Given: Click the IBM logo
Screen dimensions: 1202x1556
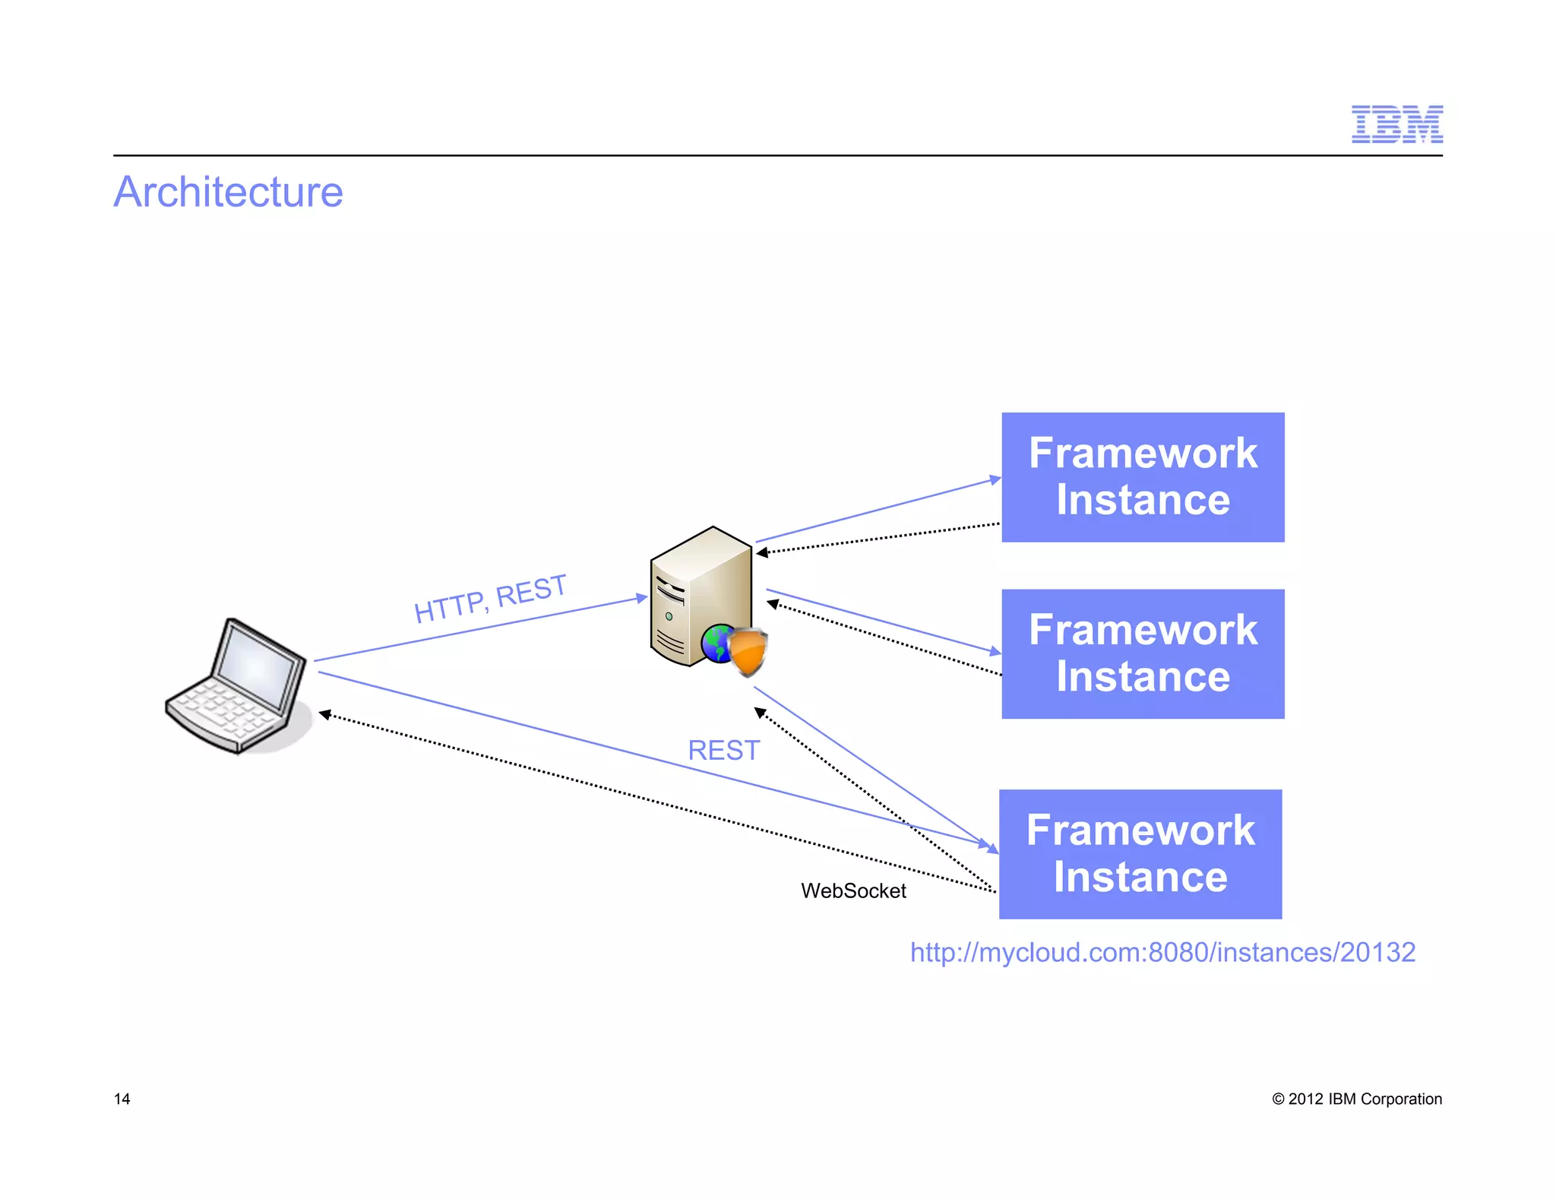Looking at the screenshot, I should coord(1396,125).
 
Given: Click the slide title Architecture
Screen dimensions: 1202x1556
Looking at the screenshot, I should coord(228,191).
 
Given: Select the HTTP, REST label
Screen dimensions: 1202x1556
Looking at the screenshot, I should coord(490,599).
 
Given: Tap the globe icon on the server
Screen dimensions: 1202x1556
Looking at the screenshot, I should coord(716,643).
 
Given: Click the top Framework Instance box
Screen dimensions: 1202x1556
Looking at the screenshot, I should coord(1142,477).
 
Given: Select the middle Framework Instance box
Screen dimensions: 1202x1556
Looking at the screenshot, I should coord(1142,653).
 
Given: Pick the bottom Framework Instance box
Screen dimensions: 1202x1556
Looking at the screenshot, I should coord(1140,854).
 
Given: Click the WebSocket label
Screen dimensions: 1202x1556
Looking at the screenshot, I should coord(853,890).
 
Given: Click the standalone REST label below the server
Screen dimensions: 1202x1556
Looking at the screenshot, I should coord(723,750).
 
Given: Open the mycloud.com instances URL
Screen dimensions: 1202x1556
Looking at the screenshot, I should coord(1162,952).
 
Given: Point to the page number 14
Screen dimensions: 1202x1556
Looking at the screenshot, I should coord(122,1099).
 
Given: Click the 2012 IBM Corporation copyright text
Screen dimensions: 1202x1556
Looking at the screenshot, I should coord(1357,1099).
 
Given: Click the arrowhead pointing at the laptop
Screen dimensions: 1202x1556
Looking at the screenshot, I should coord(324,714).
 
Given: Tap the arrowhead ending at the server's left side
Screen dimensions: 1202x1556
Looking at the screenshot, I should coord(641,598).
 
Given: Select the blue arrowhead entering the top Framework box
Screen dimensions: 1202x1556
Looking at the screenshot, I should coord(995,479).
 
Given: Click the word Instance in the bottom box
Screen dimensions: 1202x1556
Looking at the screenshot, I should coord(1140,877).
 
